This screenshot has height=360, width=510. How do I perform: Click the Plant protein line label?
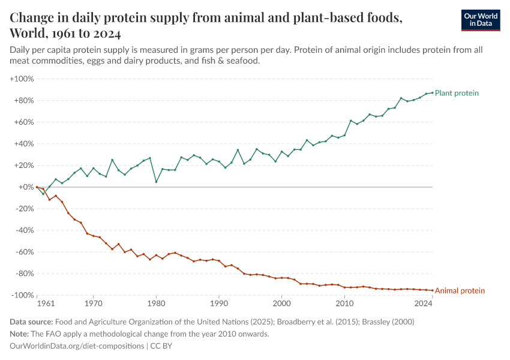pyautogui.click(x=457, y=93)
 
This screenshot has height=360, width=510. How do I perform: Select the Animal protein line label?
pyautogui.click(x=459, y=291)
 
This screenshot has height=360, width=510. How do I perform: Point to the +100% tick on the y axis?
pyautogui.click(x=22, y=79)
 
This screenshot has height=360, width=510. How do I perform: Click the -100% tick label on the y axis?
pyautogui.click(x=22, y=295)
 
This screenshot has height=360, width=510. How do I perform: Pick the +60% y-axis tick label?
pyautogui.click(x=23, y=122)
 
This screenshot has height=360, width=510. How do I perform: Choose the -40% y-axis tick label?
pyautogui.click(x=23, y=230)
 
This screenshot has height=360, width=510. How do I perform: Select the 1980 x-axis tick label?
pyautogui.click(x=156, y=304)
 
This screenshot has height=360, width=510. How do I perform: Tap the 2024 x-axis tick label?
pyautogui.click(x=424, y=304)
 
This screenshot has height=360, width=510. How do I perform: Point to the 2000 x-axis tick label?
pyautogui.click(x=281, y=304)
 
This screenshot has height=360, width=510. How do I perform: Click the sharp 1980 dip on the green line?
pyautogui.click(x=156, y=182)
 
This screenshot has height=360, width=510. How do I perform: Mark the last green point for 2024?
pyautogui.click(x=432, y=92)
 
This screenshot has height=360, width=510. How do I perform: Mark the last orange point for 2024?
pyautogui.click(x=432, y=290)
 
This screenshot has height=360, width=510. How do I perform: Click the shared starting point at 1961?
pyautogui.click(x=37, y=187)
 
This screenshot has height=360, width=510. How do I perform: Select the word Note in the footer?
pyautogui.click(x=20, y=334)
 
